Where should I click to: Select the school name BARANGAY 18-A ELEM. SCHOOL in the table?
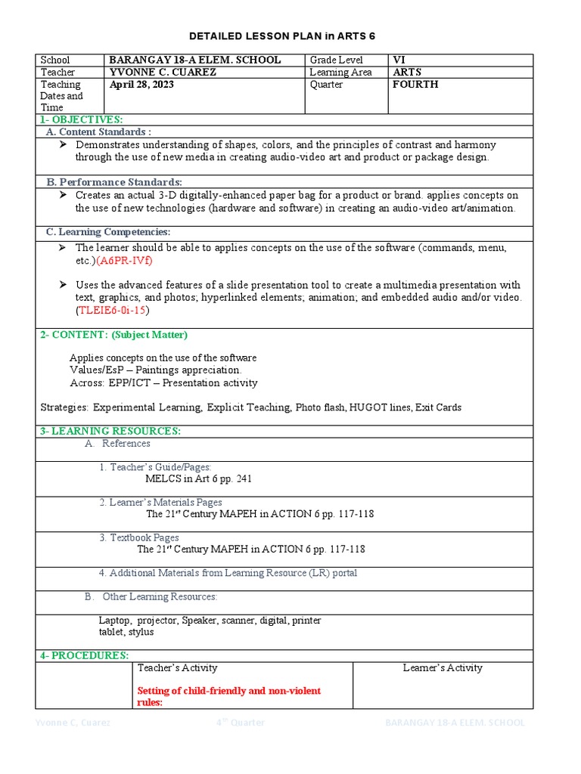194,60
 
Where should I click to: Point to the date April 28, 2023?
141,85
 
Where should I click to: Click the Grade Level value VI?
399,60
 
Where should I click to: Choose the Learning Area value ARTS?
407,72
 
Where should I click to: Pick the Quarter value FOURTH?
415,85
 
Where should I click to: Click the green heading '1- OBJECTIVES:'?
81,119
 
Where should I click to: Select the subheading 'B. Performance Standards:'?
114,182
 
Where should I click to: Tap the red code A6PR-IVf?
129,260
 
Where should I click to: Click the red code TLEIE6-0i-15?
112,310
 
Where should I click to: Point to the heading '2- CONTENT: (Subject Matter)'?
113,335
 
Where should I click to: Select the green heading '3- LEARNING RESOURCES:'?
110,431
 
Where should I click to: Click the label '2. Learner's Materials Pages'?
160,502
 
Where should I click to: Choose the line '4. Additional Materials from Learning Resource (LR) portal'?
228,573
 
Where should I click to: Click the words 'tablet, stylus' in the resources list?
126,632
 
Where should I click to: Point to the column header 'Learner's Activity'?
443,667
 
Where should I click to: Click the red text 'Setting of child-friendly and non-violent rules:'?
228,696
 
